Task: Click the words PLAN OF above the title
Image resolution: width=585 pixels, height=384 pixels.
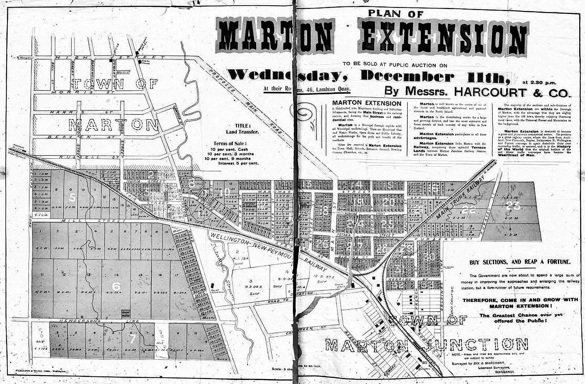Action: click(x=395, y=13)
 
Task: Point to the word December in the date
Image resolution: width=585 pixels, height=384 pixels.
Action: click(x=407, y=76)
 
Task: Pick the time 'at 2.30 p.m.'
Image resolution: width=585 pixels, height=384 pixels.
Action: click(x=539, y=82)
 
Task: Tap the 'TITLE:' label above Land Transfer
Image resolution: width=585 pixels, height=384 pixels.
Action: click(x=243, y=126)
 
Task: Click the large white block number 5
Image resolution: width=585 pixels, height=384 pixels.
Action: click(x=72, y=198)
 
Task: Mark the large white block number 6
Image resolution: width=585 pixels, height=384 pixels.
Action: click(x=116, y=286)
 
